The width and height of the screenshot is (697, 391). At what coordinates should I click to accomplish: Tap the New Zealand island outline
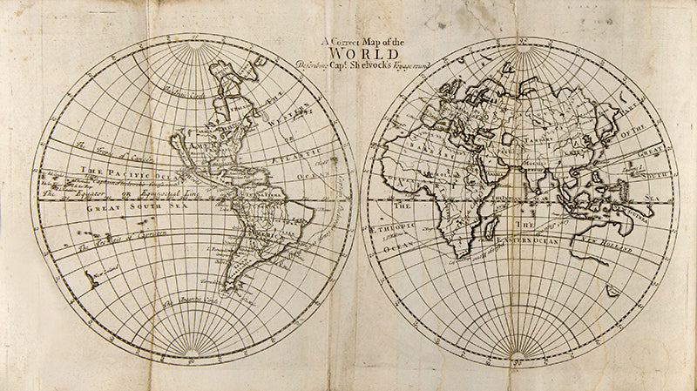pyautogui.click(x=90, y=280)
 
